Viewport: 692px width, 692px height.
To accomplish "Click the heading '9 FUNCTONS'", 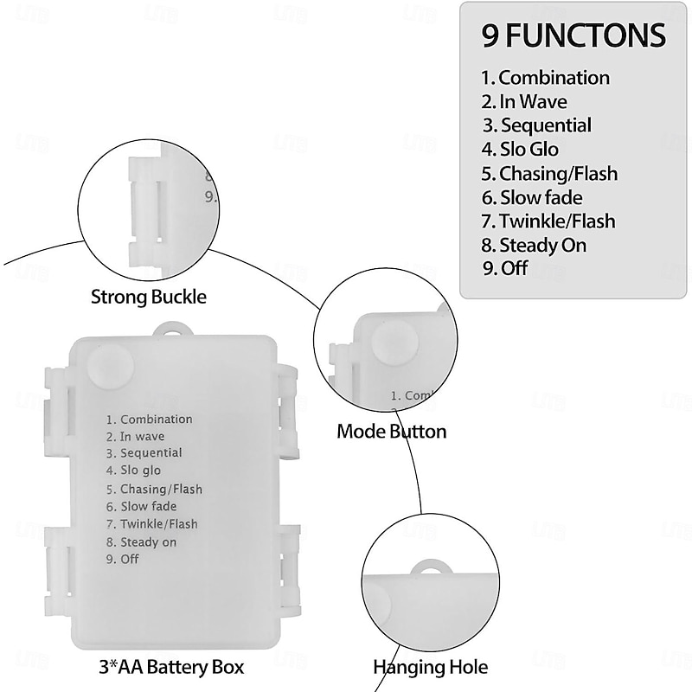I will click(574, 35).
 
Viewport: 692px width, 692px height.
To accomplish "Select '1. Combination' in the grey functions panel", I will click(546, 78).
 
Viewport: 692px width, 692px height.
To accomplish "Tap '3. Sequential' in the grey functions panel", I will click(537, 125).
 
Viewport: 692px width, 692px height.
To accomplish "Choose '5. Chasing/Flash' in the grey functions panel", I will click(549, 174).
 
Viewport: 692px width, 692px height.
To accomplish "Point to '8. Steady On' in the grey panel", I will click(535, 246).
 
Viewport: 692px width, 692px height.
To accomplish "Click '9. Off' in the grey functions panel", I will click(505, 268).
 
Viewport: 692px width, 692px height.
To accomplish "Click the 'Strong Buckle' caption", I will click(149, 298).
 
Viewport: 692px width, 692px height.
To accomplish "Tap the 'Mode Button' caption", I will click(392, 431).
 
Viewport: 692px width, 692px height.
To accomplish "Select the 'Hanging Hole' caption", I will click(430, 667).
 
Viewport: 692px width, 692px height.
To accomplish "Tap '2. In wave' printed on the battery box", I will click(135, 437).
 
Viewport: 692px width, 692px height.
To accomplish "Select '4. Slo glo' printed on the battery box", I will click(134, 471).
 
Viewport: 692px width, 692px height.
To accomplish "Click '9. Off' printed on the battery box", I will click(123, 559).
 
